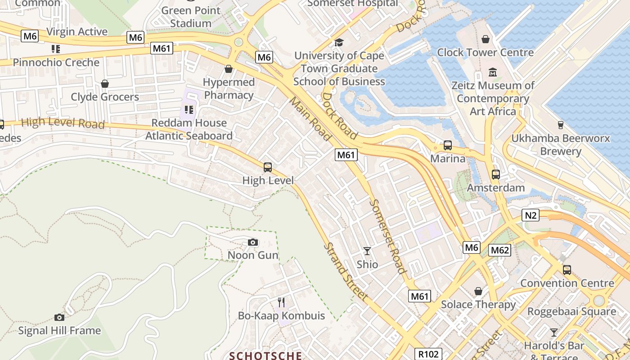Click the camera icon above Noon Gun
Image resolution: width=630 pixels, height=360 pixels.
pyautogui.click(x=253, y=243)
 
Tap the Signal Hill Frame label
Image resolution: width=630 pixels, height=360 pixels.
pyautogui.click(x=59, y=331)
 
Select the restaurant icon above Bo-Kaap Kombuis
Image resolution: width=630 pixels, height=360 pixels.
pyautogui.click(x=281, y=302)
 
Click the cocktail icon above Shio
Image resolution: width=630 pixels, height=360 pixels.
pyautogui.click(x=367, y=251)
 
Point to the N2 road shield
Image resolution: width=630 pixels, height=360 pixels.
pyautogui.click(x=531, y=215)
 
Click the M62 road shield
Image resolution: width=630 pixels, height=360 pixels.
pyautogui.click(x=500, y=250)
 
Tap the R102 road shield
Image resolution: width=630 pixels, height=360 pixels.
pyautogui.click(x=428, y=354)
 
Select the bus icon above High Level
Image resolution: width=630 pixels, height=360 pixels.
pyautogui.click(x=268, y=167)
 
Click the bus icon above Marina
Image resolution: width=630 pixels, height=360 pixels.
pyautogui.click(x=447, y=145)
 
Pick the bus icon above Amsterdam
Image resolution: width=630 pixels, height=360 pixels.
pyautogui.click(x=495, y=175)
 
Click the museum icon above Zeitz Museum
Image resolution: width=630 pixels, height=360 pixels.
pyautogui.click(x=493, y=72)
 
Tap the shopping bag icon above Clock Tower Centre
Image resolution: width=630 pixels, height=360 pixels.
pyautogui.click(x=485, y=40)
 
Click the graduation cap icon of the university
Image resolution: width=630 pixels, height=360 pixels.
pyautogui.click(x=339, y=43)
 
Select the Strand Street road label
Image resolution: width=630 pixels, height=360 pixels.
pyautogui.click(x=346, y=272)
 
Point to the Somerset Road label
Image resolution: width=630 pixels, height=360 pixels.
pyautogui.click(x=388, y=236)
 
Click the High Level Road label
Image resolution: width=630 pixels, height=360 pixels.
pyautogui.click(x=63, y=122)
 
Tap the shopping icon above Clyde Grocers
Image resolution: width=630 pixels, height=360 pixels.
pyautogui.click(x=105, y=84)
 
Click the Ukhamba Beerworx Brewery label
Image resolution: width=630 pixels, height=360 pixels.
pyautogui.click(x=561, y=144)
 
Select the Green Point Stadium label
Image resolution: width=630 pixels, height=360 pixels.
pyautogui.click(x=191, y=17)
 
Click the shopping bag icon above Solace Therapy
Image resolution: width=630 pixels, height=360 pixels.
pyautogui.click(x=478, y=292)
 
